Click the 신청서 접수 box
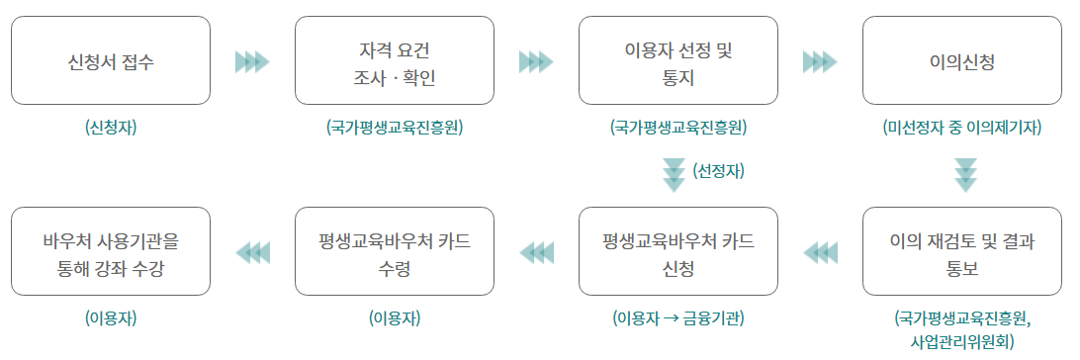click(x=111, y=60)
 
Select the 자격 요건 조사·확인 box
click(x=395, y=60)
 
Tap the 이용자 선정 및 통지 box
click(x=678, y=60)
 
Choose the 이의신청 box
click(x=962, y=60)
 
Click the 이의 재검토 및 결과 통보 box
click(x=962, y=252)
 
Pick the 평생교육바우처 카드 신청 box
click(x=678, y=252)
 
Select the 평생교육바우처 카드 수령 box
click(x=395, y=252)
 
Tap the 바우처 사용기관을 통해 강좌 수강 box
click(x=111, y=252)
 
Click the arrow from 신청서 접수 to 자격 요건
click(x=252, y=62)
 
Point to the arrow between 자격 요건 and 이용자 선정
click(x=536, y=62)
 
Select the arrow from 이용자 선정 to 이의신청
click(x=820, y=62)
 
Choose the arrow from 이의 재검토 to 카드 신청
click(x=820, y=253)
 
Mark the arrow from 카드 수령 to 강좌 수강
click(x=252, y=253)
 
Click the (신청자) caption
click(x=111, y=128)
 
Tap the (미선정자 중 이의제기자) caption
click(x=962, y=128)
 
